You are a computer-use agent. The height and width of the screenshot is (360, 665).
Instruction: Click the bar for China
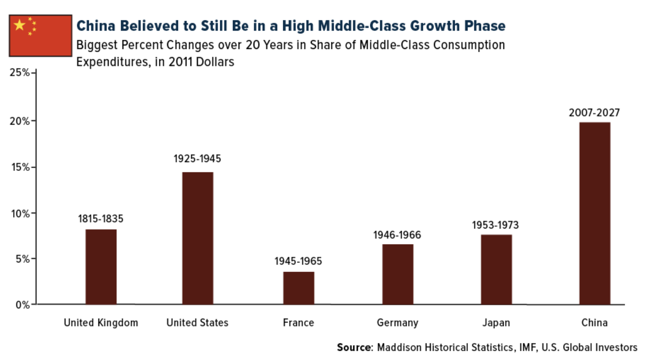pos(595,213)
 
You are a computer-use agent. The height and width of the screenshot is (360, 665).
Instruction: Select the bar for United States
pos(198,238)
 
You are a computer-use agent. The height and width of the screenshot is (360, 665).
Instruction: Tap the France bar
pos(299,288)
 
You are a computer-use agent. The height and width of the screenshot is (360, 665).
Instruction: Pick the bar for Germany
pos(397,274)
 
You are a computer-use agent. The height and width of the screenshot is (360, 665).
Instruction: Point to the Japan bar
pos(496,270)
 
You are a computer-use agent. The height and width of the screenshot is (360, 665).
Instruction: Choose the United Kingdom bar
pos(101,267)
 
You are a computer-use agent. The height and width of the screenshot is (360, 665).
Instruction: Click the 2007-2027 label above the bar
pos(594,113)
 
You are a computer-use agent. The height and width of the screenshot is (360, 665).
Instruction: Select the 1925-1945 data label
pos(197,159)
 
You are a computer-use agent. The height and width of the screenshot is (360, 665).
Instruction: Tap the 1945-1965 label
pos(298,261)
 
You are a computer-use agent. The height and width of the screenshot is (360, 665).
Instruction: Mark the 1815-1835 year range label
pos(101,219)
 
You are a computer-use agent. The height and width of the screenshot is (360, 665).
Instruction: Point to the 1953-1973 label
pos(495,225)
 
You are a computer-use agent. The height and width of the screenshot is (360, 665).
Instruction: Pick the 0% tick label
pos(23,305)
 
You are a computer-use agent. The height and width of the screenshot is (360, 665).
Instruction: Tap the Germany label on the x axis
pos(397,323)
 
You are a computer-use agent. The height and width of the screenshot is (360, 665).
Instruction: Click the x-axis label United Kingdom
pos(101,323)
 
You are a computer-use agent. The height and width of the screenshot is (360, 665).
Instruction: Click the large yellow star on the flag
pos(19,25)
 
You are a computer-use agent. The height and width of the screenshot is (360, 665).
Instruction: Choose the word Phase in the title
pos(485,26)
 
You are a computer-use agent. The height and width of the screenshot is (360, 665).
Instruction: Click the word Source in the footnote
pos(354,347)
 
